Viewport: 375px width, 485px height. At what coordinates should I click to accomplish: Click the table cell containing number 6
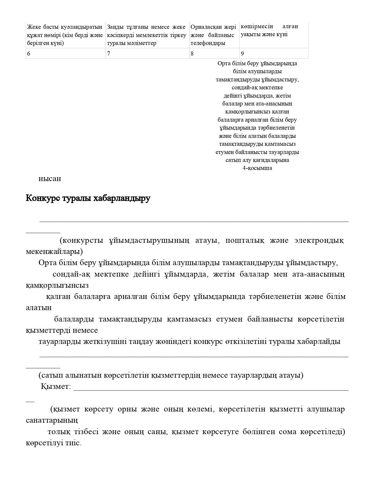pyautogui.click(x=65, y=53)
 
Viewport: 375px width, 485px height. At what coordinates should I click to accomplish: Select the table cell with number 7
pyautogui.click(x=147, y=53)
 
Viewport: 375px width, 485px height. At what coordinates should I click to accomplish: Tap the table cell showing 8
pyautogui.click(x=214, y=53)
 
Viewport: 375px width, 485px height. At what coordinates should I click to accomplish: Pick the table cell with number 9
pyautogui.click(x=274, y=53)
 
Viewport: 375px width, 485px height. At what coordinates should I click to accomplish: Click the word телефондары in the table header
pyautogui.click(x=208, y=43)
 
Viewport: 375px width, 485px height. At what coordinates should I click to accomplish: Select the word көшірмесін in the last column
pyautogui.click(x=257, y=26)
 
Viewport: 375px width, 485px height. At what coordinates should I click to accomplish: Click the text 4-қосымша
pyautogui.click(x=257, y=168)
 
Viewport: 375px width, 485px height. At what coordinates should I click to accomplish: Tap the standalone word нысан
pyautogui.click(x=50, y=178)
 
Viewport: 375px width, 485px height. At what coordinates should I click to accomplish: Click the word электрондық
pyautogui.click(x=319, y=240)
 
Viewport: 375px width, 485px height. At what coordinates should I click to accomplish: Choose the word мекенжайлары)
pyautogui.click(x=54, y=252)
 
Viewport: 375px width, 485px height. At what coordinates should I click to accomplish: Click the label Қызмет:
pyautogui.click(x=56, y=387)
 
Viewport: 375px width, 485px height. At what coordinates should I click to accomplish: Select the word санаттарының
pyautogui.click(x=52, y=420)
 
